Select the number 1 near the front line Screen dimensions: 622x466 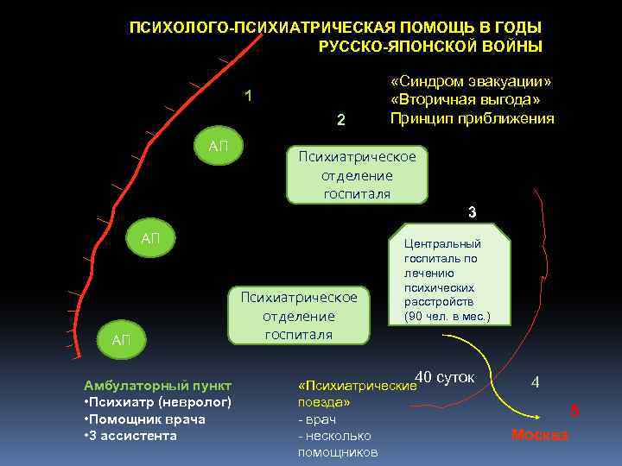click(248, 96)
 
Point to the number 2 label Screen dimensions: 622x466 click(341, 120)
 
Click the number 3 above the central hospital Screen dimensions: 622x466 click(472, 212)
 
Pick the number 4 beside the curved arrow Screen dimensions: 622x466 click(536, 381)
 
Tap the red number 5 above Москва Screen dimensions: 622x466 click(574, 412)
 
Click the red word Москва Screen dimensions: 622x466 click(539, 434)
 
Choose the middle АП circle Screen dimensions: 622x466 click(150, 238)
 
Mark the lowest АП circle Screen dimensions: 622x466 click(121, 340)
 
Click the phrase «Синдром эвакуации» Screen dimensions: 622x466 click(471, 81)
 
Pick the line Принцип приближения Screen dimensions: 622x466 click(472, 118)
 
